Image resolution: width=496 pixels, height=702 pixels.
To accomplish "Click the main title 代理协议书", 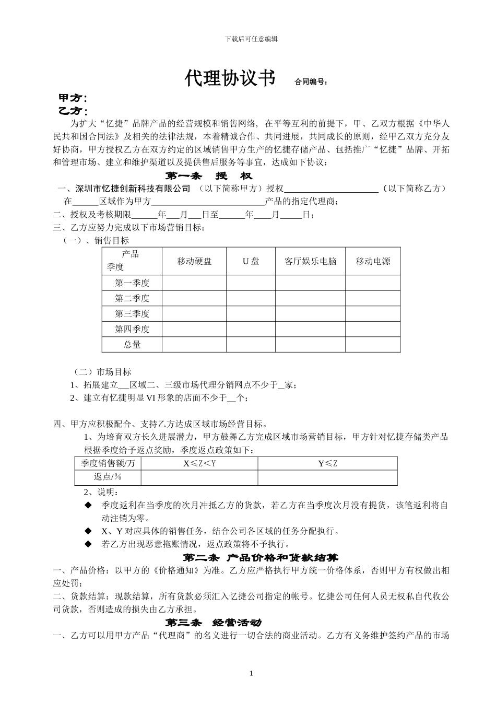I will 230,78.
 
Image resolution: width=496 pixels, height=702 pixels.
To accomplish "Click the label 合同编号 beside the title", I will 312,82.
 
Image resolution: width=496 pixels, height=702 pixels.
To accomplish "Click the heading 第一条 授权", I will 209,175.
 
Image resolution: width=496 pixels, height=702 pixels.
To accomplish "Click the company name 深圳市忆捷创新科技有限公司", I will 133,188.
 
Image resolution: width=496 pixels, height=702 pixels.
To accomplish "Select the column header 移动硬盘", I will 194,261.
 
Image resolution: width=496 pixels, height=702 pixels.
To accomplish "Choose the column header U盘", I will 251,261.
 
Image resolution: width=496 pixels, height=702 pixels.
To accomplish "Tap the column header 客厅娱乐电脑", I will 310,261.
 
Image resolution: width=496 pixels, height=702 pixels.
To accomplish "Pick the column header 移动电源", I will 373,261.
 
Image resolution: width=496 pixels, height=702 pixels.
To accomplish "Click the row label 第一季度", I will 132,283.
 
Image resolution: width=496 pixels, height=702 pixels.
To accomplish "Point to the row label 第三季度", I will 132,314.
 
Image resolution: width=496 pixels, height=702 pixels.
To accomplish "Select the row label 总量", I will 132,345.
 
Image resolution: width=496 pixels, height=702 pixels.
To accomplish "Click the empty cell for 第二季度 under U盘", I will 251,298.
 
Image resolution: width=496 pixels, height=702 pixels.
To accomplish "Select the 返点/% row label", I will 108,477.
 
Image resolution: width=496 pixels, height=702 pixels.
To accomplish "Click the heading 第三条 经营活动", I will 213,623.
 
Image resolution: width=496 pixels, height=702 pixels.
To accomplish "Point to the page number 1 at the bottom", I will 251,673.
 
